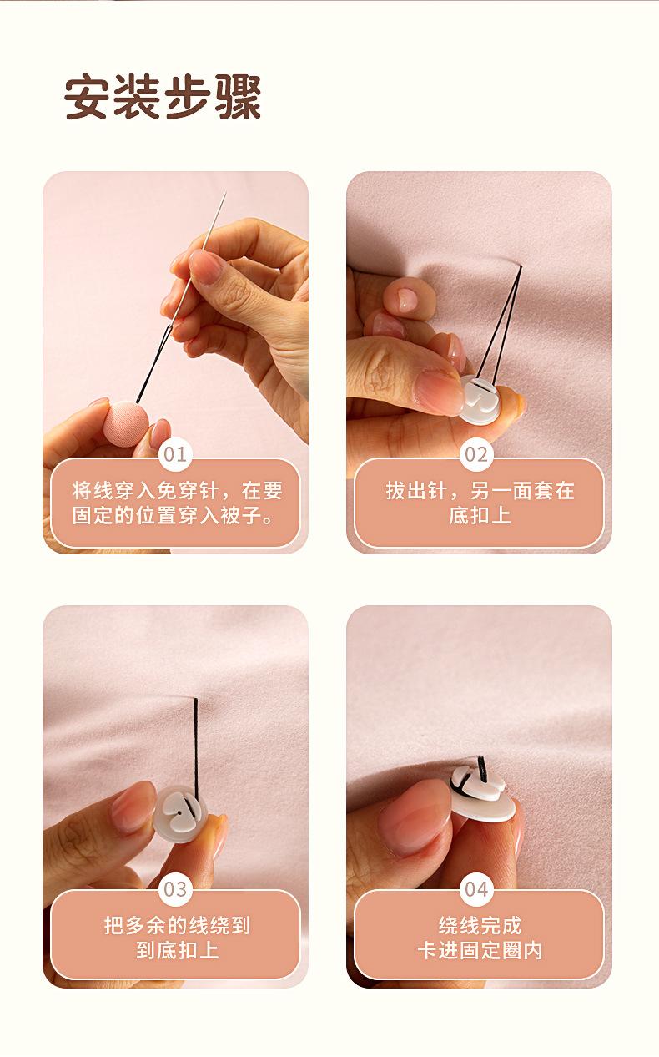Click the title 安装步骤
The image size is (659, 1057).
tap(163, 97)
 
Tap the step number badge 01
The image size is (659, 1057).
tap(175, 455)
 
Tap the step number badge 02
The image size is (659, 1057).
tap(476, 455)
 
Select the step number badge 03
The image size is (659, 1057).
tap(175, 889)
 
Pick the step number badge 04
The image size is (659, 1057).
tap(476, 889)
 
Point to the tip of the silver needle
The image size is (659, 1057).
tap(226, 191)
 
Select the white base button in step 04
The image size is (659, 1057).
tap(480, 794)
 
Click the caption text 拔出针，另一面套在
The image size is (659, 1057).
tap(480, 491)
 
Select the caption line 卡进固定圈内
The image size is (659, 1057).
tap(480, 950)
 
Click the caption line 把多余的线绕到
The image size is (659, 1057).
tap(177, 925)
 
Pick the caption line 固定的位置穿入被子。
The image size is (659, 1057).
tap(173, 515)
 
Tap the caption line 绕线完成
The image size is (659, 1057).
tap(480, 925)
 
